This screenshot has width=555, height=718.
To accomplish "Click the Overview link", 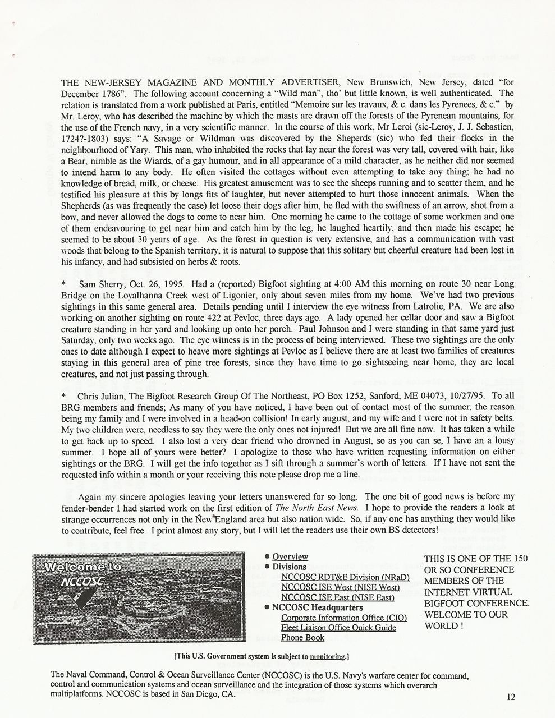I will point(290,556).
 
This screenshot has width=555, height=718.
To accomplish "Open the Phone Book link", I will point(302,638).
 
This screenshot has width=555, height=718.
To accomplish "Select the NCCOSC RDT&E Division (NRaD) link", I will point(345,577).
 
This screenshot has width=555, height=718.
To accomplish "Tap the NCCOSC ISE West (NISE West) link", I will point(340,587).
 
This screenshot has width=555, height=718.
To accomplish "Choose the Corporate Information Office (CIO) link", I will point(344,618).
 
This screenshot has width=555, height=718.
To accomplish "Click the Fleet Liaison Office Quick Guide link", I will point(338,628).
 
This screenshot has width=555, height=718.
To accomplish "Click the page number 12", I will point(510,697).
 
